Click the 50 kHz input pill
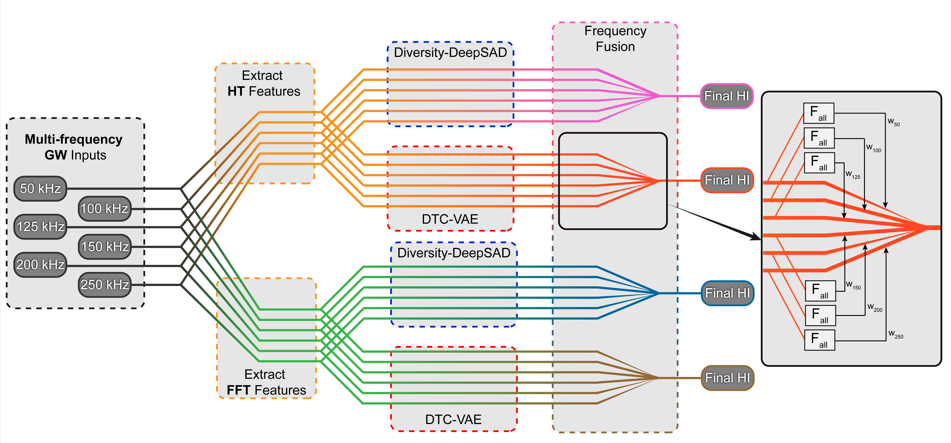40,189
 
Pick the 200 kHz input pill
40,265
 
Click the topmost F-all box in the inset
818,113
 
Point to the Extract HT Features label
264,83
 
